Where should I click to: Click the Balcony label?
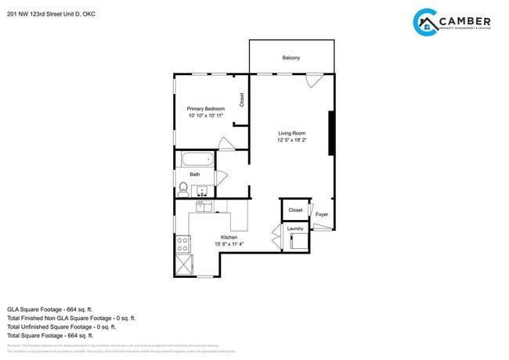[x=291, y=58]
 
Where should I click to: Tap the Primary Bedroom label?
[x=205, y=109]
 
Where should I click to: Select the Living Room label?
[x=291, y=133]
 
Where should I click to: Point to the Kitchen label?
[x=229, y=237]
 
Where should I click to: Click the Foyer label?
[x=322, y=214]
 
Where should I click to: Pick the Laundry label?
[x=295, y=229]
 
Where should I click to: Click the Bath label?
[x=194, y=175]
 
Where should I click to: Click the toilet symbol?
[x=182, y=188]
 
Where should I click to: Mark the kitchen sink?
[x=204, y=207]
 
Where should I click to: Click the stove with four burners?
[x=182, y=243]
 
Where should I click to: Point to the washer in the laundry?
[x=298, y=241]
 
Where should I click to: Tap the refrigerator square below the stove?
[x=183, y=263]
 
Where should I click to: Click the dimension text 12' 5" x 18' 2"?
[x=291, y=140]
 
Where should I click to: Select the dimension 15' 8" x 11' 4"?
[x=229, y=244]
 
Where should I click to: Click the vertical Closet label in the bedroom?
[x=241, y=99]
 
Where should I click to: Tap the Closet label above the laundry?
[x=295, y=210]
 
